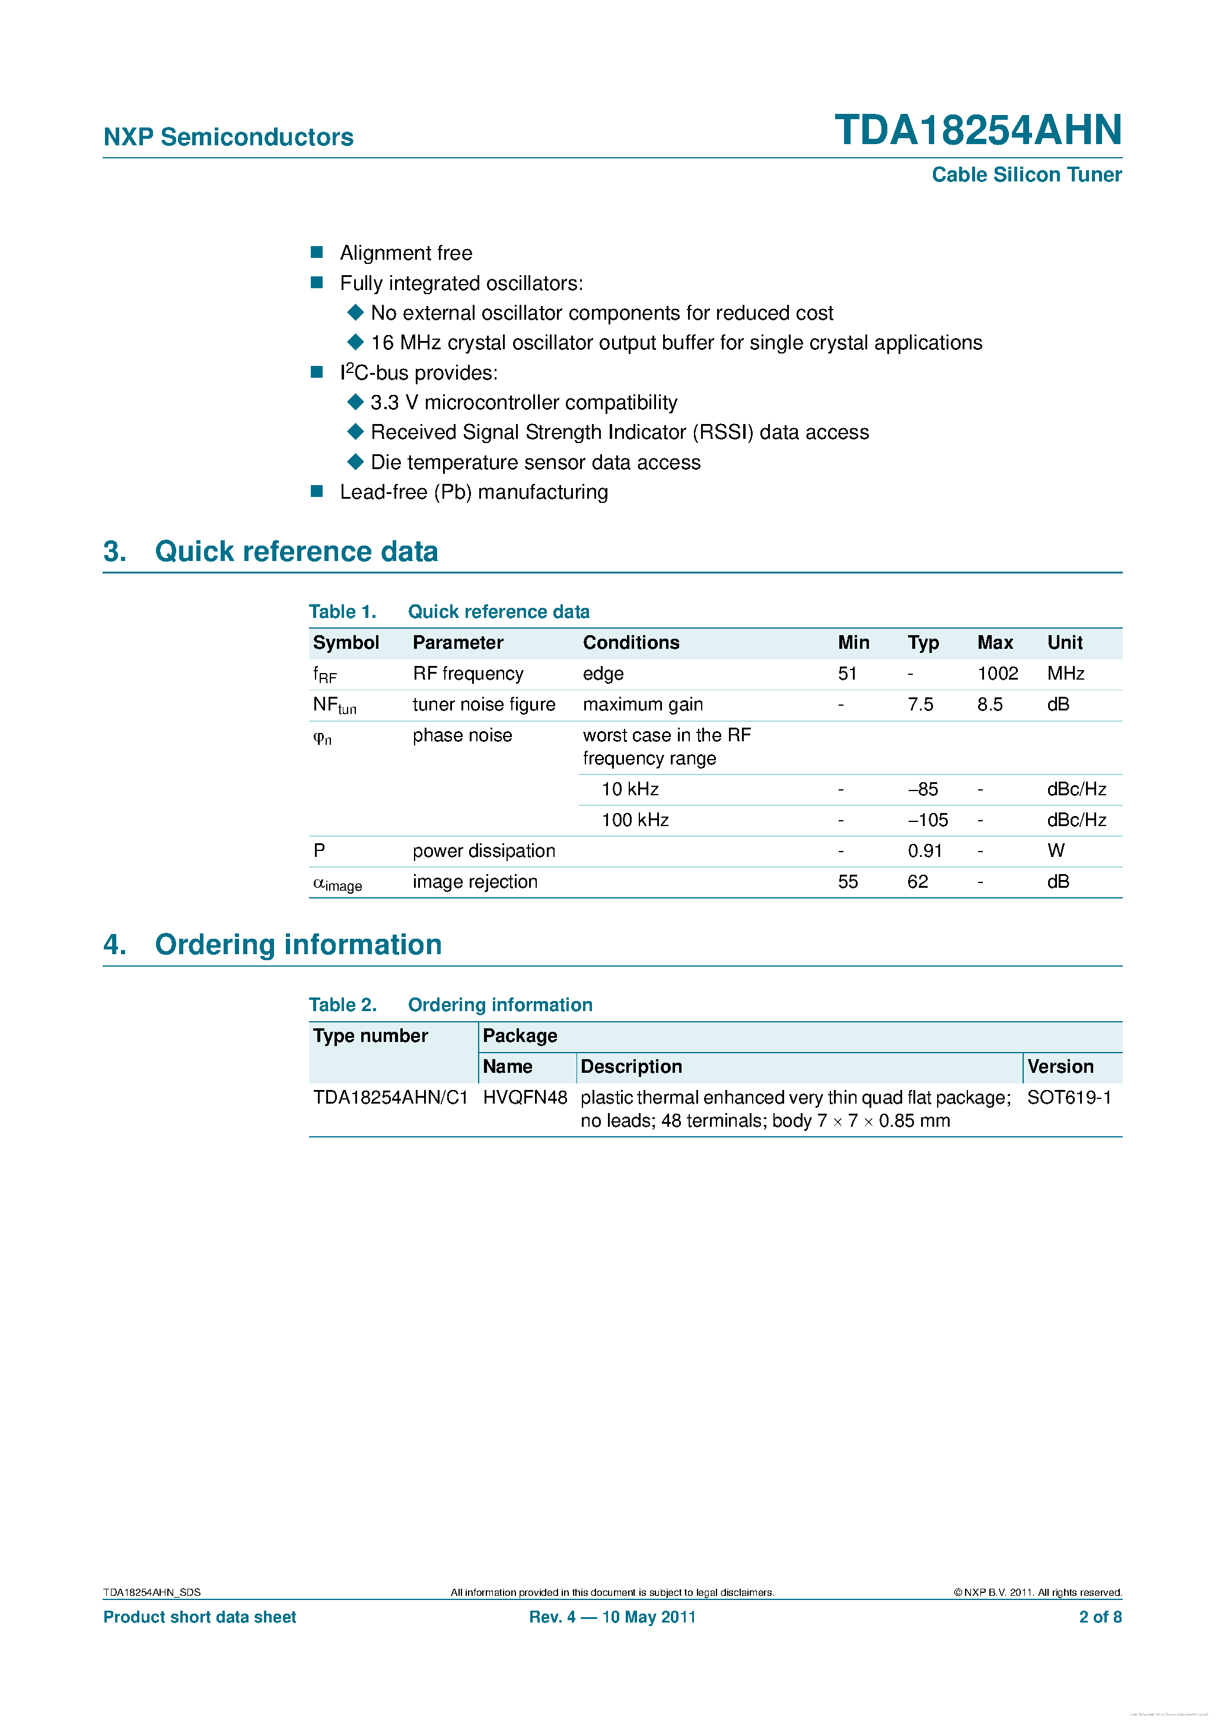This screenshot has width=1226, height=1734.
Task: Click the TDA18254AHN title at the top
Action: [977, 130]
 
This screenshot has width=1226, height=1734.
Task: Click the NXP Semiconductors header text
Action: [228, 137]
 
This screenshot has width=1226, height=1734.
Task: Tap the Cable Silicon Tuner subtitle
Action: [1026, 174]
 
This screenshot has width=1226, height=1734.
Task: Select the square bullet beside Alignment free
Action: [317, 252]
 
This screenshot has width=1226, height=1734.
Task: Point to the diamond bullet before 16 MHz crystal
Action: [355, 342]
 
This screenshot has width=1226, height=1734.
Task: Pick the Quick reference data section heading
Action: [296, 552]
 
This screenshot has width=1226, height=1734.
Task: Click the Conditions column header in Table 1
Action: [630, 643]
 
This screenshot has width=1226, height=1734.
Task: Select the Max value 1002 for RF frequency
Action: [997, 674]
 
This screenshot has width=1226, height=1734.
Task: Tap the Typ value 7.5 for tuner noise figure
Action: [920, 705]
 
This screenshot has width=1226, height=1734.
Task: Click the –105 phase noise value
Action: [928, 820]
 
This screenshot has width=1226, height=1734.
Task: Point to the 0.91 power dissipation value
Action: [925, 851]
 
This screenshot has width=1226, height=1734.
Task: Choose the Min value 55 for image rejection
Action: [848, 882]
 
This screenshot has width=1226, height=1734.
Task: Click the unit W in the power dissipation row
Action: [1055, 851]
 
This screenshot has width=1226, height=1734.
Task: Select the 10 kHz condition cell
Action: [630, 789]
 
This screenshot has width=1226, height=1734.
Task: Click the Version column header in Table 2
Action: [1060, 1066]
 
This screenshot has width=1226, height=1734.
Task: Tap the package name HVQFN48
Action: [525, 1097]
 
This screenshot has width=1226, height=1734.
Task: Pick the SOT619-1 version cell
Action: [1069, 1097]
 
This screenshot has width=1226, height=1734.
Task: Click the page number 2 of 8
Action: [1100, 1617]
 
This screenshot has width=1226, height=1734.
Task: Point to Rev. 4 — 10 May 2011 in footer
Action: [612, 1617]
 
